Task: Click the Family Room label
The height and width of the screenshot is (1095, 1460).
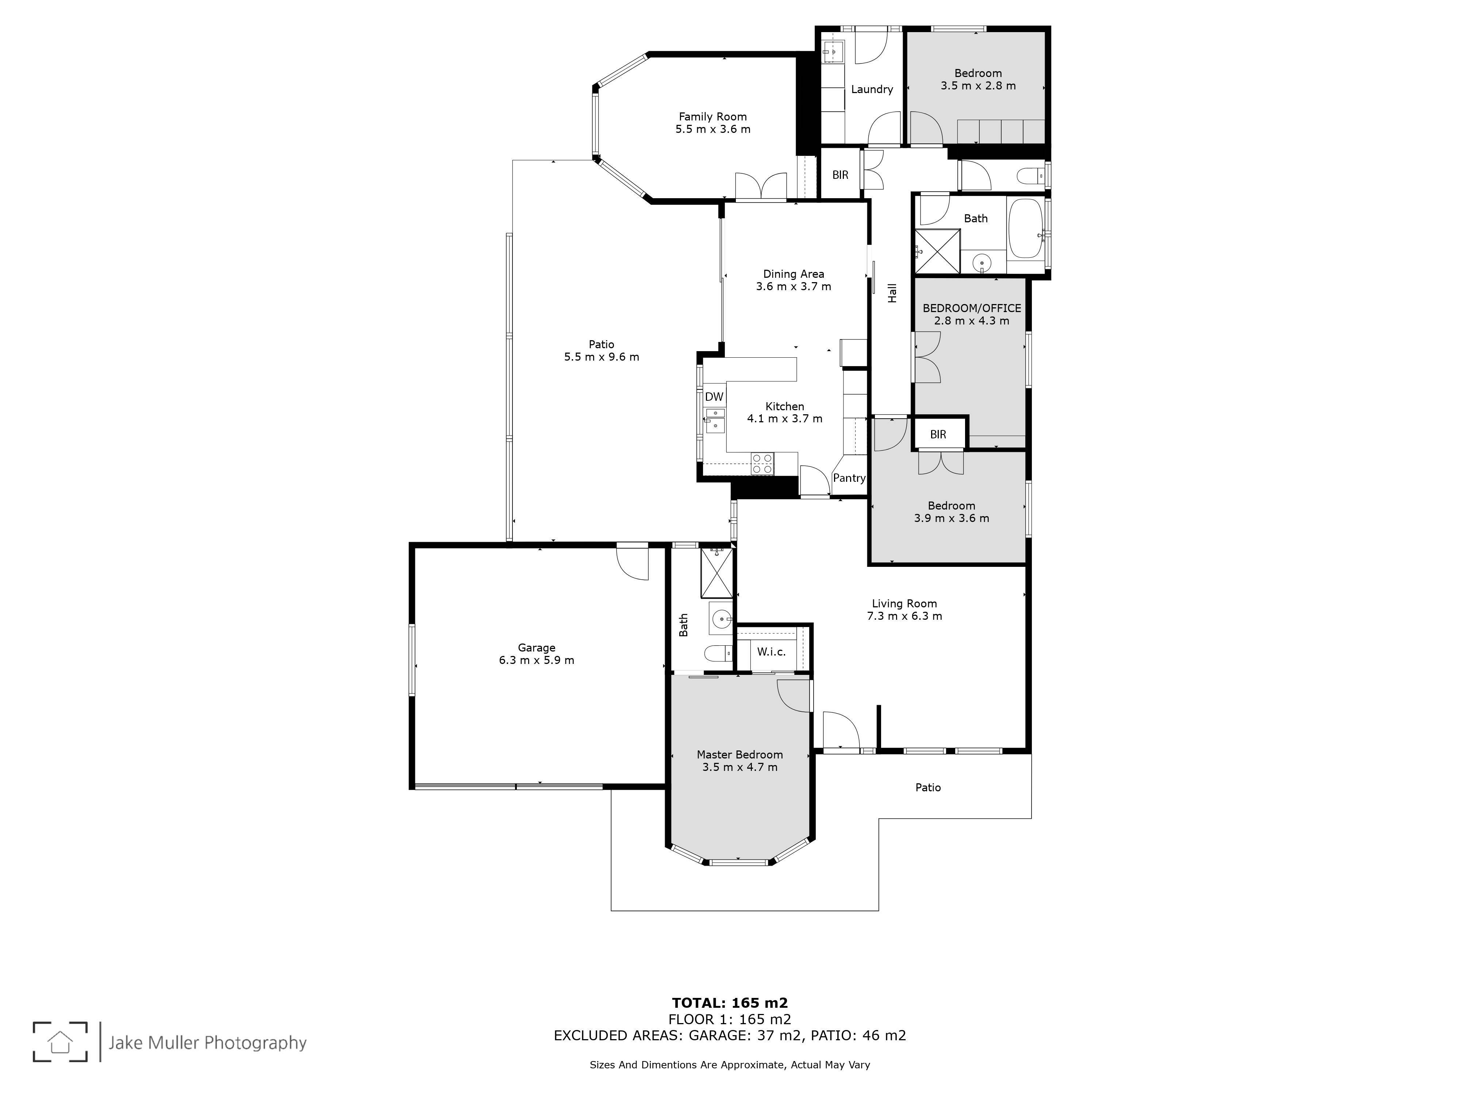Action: pyautogui.click(x=713, y=117)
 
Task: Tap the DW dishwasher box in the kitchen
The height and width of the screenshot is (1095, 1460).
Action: pyautogui.click(x=714, y=397)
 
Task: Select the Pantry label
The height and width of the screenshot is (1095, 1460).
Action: pyautogui.click(x=849, y=478)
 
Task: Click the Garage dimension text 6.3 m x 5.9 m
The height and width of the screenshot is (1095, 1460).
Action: pyautogui.click(x=537, y=660)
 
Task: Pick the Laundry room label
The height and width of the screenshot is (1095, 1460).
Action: pyautogui.click(x=872, y=89)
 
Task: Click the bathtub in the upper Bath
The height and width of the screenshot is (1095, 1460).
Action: pyautogui.click(x=1025, y=228)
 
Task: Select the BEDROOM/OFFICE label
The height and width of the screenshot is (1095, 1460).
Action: pyautogui.click(x=972, y=308)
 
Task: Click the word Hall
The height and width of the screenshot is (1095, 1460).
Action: pyautogui.click(x=892, y=293)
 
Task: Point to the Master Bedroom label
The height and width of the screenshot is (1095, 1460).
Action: pyautogui.click(x=740, y=754)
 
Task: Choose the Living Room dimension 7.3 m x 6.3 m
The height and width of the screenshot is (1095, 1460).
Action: pyautogui.click(x=904, y=616)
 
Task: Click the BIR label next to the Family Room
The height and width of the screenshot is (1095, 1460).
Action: pyautogui.click(x=840, y=175)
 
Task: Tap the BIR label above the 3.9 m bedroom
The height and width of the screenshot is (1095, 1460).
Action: pyautogui.click(x=938, y=434)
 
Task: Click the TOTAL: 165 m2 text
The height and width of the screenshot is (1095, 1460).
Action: pyautogui.click(x=730, y=1004)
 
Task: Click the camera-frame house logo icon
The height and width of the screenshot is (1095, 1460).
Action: pyautogui.click(x=60, y=1042)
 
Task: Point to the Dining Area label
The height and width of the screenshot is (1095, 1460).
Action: pyautogui.click(x=794, y=274)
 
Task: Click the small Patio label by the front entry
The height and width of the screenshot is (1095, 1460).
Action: pyautogui.click(x=928, y=787)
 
